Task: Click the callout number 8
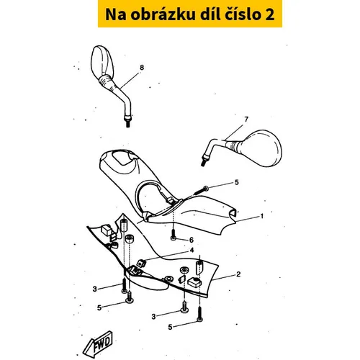coord(142,68)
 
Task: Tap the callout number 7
coord(246,119)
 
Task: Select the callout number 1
coord(262,216)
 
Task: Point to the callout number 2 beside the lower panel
coord(238,274)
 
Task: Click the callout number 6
coord(192,240)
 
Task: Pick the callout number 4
coord(192,251)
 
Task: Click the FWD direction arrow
coord(98,343)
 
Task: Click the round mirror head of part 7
coord(261,148)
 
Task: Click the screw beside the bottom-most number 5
coord(199,314)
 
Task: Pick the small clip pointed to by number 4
coord(141,264)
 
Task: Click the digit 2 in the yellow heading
coord(270,14)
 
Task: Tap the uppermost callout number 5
coord(237,182)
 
